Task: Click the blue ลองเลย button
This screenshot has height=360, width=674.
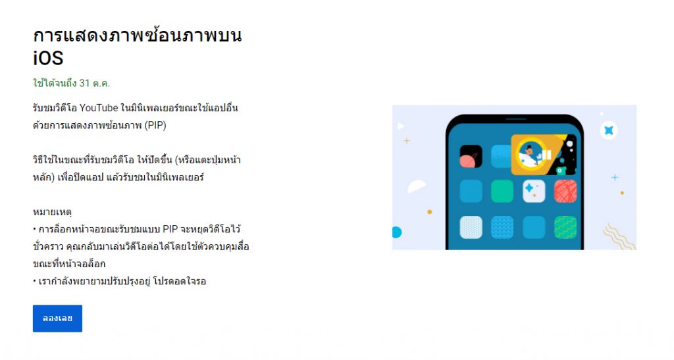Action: point(57,319)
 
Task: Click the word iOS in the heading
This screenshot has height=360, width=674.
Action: point(48,58)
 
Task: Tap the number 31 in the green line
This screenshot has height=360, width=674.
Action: point(84,83)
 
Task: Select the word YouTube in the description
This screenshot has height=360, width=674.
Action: point(99,108)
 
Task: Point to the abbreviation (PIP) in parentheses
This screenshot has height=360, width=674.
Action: point(155,125)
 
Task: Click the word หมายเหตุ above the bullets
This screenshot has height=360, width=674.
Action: point(52,212)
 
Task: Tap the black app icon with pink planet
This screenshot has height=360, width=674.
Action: point(471,156)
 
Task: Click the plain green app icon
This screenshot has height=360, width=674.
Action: point(502,191)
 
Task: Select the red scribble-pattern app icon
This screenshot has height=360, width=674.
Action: point(565,191)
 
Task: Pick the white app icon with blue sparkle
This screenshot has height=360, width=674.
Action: point(534,191)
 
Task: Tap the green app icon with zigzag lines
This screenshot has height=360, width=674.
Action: point(565,227)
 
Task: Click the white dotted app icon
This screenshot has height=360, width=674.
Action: point(471,227)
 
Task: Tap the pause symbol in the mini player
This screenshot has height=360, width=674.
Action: point(546,155)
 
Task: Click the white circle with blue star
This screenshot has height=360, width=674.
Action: point(609,130)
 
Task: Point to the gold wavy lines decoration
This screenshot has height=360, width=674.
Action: point(619,236)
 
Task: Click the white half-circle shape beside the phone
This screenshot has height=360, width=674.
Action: point(416,186)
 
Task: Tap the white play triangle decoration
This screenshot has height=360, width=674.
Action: point(401,126)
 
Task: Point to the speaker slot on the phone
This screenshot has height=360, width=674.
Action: point(516,119)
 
